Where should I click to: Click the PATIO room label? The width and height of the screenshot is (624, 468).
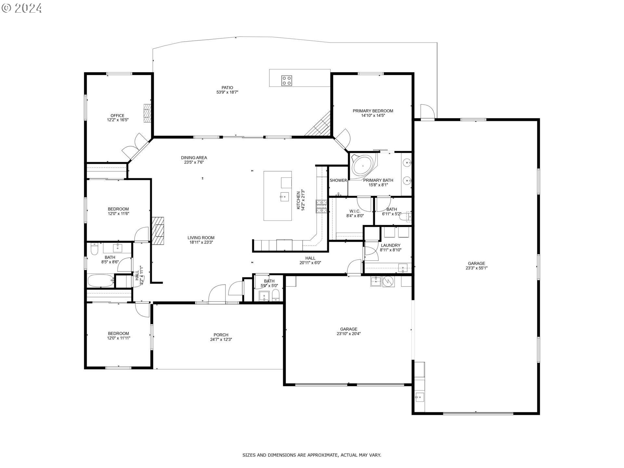pyautogui.click(x=227, y=87)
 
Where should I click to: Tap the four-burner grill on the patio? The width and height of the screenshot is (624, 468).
pyautogui.click(x=287, y=80)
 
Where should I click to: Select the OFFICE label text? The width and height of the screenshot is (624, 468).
pyautogui.click(x=117, y=115)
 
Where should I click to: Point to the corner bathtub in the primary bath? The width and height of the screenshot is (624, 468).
pyautogui.click(x=363, y=166)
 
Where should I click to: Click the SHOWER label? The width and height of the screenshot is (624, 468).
pyautogui.click(x=338, y=180)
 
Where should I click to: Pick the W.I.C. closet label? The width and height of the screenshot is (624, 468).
pyautogui.click(x=355, y=211)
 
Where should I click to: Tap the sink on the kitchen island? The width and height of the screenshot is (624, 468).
pyautogui.click(x=284, y=196)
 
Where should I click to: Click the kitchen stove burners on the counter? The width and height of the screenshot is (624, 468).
pyautogui.click(x=321, y=207)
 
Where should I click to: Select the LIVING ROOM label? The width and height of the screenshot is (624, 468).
pyautogui.click(x=201, y=238)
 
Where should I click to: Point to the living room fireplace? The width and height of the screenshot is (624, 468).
pyautogui.click(x=158, y=230)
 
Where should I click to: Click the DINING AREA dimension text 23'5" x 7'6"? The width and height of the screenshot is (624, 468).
pyautogui.click(x=194, y=162)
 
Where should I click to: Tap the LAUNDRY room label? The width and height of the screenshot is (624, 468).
pyautogui.click(x=391, y=245)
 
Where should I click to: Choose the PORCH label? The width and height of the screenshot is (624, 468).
pyautogui.click(x=221, y=335)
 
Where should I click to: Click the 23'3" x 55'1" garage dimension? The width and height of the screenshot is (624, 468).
pyautogui.click(x=476, y=268)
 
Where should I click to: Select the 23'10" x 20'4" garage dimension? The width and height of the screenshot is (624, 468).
pyautogui.click(x=349, y=333)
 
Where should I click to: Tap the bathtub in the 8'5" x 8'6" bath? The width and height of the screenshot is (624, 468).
pyautogui.click(x=101, y=280)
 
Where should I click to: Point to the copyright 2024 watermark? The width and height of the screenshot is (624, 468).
pyautogui.click(x=22, y=8)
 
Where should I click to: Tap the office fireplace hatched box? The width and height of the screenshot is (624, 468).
pyautogui.click(x=148, y=113)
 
